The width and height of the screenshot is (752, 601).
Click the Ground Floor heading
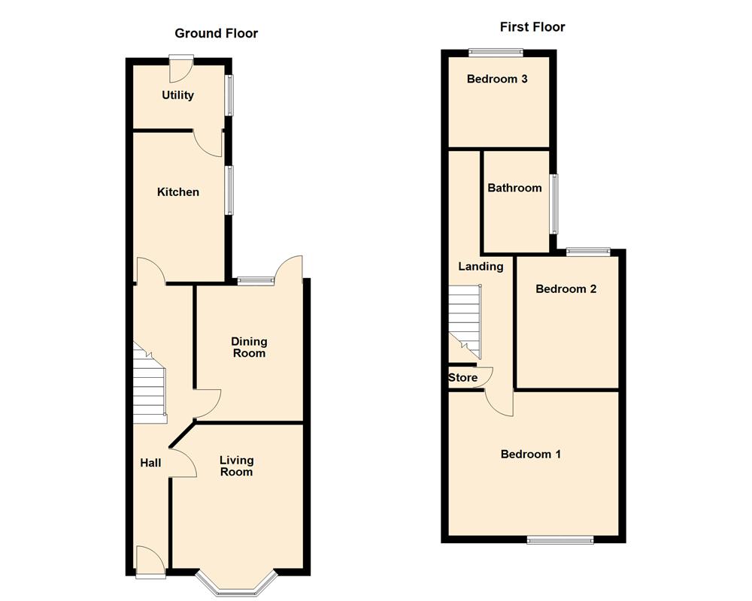216,33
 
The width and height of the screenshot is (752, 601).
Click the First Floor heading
532,27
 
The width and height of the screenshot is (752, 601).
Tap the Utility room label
178,95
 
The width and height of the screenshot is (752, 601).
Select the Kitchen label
178,192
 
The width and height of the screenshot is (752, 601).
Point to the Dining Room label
249,348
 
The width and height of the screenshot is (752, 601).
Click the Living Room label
236,466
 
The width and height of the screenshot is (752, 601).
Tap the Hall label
150,464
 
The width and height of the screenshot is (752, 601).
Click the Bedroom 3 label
496,79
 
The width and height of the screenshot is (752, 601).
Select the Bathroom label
514,188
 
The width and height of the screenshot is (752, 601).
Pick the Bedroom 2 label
566,288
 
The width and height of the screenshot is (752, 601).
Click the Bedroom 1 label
531,455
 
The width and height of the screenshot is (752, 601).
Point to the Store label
462,378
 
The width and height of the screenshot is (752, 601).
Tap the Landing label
481,267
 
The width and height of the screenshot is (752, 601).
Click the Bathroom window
555,204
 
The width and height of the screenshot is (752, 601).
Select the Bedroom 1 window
559,539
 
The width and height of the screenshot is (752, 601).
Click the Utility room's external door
181,68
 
